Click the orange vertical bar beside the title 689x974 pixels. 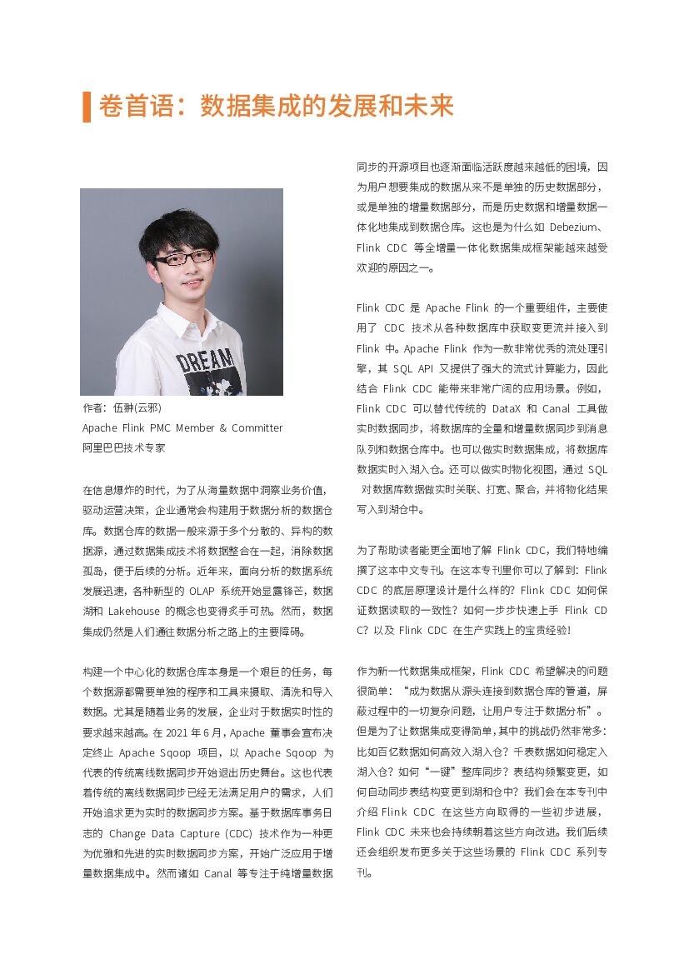87,107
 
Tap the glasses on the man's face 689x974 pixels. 183,258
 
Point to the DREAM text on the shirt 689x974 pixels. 205,360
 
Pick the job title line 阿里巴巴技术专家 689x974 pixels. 123,447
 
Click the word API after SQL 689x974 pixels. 432,368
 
